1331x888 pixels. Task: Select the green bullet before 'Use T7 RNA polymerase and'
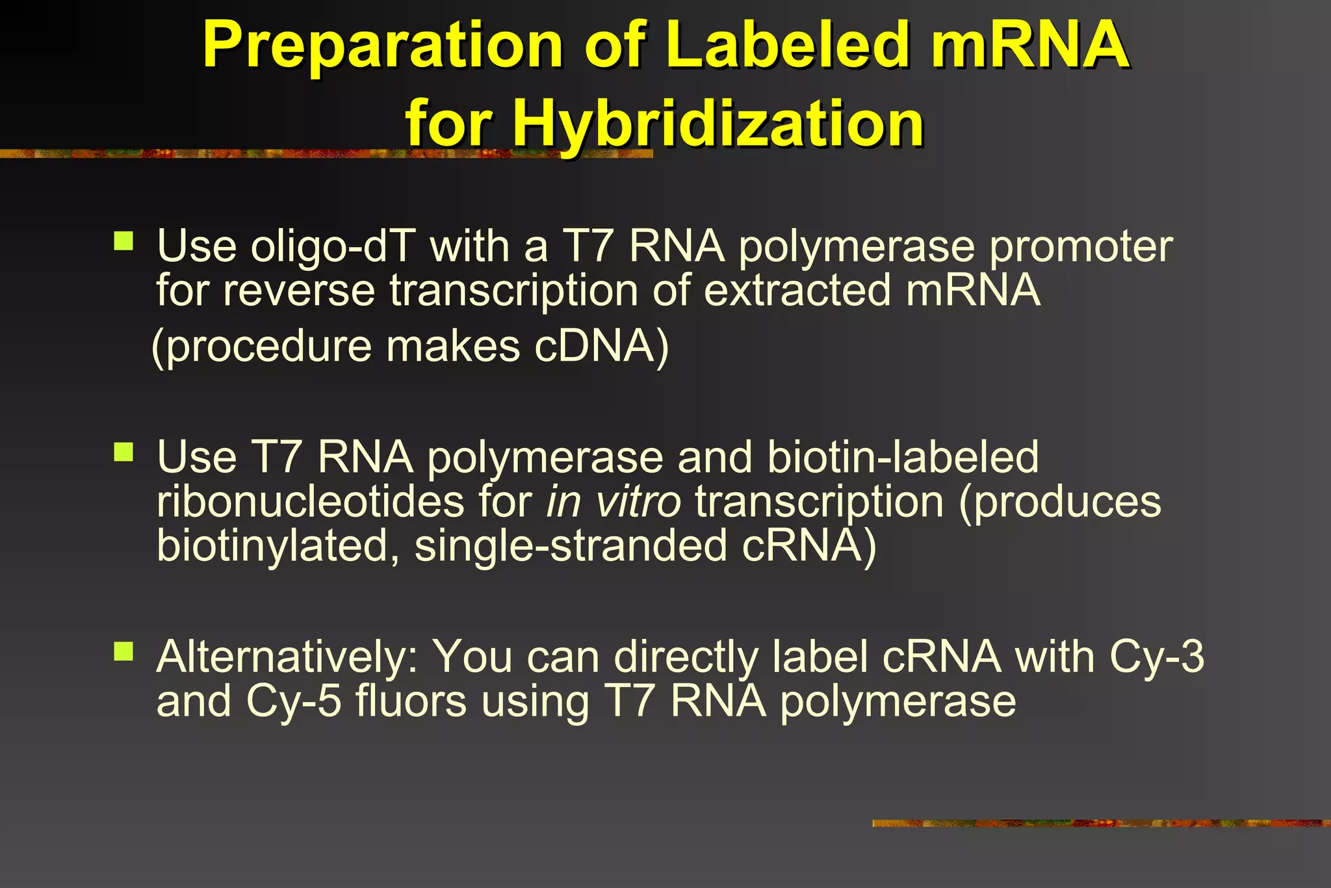pos(123,452)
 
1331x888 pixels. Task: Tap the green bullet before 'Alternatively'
pos(123,651)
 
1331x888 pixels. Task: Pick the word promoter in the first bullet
pos(1081,247)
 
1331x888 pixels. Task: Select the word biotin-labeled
pos(903,458)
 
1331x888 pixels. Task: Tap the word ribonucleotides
pos(311,502)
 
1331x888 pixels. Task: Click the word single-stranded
pos(571,545)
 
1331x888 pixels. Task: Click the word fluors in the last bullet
pos(411,701)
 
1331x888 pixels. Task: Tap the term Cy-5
pos(294,701)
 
